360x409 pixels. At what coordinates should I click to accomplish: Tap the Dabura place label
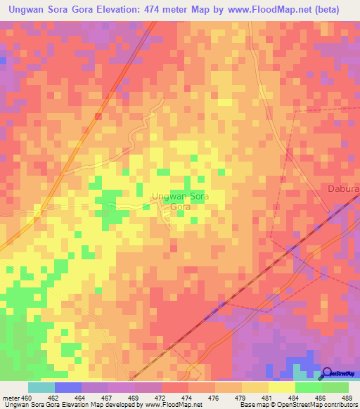(x=344, y=188)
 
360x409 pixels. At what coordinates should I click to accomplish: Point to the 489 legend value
(x=345, y=397)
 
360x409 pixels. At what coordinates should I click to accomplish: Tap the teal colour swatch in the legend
(x=41, y=387)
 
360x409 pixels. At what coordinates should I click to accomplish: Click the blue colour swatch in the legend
(x=68, y=387)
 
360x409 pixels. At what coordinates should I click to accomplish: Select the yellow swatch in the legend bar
(x=281, y=387)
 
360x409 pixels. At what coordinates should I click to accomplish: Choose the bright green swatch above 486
(x=308, y=387)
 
